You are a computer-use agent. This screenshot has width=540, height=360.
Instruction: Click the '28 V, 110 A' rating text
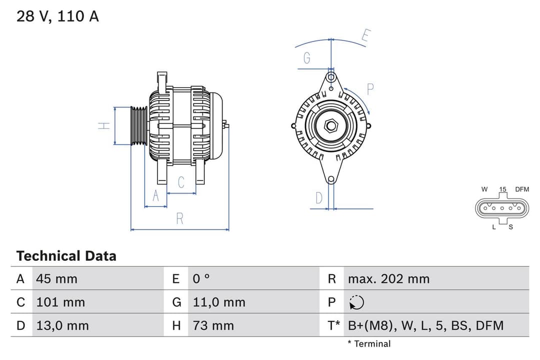point(57,16)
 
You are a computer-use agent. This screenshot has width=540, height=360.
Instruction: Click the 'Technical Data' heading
point(66,256)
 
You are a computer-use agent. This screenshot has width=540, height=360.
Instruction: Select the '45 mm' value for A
point(56,278)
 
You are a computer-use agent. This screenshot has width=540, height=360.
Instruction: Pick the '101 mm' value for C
point(60,302)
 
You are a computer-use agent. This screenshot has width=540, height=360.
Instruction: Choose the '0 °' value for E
point(201,278)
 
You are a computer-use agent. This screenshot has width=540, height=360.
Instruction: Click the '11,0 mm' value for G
point(219,302)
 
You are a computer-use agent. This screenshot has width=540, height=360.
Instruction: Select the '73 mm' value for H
point(213,325)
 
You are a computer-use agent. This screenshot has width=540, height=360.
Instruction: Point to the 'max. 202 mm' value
point(388,278)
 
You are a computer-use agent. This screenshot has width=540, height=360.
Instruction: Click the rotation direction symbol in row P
point(356,302)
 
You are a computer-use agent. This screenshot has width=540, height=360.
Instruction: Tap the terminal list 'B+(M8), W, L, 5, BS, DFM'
point(425,325)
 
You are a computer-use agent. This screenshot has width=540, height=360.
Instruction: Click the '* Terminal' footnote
point(369,343)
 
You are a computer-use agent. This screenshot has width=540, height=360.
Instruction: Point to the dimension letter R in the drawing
point(179,218)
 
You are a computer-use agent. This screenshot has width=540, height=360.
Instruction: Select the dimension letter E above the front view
point(366,36)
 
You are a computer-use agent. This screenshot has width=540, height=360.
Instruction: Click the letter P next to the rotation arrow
point(370,89)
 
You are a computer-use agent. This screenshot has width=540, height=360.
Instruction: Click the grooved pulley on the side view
point(139,126)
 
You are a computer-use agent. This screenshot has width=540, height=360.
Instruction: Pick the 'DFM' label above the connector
point(522,189)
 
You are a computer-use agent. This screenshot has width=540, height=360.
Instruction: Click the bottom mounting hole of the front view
point(330,179)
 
